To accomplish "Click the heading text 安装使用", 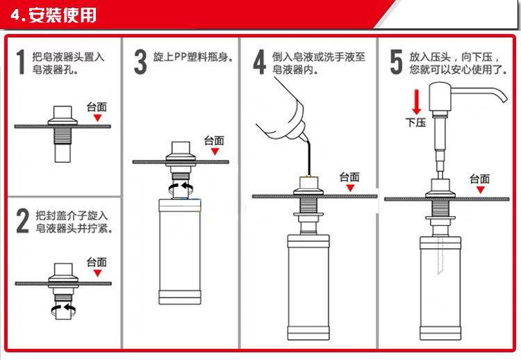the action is click(x=62, y=15).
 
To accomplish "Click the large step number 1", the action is click(x=21, y=61).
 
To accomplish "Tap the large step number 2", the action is click(x=23, y=220).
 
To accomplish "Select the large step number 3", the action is click(x=140, y=61).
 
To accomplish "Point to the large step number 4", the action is click(x=260, y=62).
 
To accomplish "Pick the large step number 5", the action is click(x=396, y=62).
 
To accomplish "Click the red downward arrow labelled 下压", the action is click(x=416, y=101).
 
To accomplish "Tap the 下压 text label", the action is click(x=415, y=122).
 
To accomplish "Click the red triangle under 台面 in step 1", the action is click(x=97, y=117).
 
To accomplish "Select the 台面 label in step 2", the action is click(x=97, y=262).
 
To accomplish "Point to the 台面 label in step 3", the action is click(x=215, y=140).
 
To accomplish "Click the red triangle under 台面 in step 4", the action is click(x=350, y=188).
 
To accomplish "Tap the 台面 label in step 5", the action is click(x=479, y=179).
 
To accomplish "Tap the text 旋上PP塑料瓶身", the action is click(x=192, y=57).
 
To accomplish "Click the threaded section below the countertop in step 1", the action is click(x=63, y=136).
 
